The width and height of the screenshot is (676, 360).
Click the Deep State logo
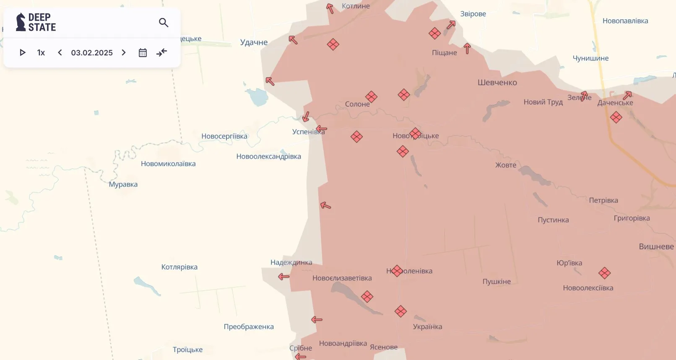pos(36,22)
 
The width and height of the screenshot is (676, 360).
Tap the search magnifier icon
pos(164,23)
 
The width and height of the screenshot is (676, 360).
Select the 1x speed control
pos(41,52)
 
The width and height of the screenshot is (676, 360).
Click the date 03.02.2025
pos(92,52)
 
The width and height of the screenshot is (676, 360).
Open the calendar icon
pos(143,52)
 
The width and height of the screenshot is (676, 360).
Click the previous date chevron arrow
pos(60,52)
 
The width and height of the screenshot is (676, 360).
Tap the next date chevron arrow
pos(124,52)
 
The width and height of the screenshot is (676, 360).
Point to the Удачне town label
pos(254,42)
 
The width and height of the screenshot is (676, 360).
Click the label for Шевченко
pos(497,83)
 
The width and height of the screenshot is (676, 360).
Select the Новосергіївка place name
pos(224,136)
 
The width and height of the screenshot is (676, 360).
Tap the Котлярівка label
pos(179,267)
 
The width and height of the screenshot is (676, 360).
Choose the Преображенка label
pos(249,327)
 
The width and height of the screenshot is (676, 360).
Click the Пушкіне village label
pos(497,282)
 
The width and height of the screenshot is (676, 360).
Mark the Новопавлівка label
pos(625,21)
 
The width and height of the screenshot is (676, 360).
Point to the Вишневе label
pos(656,247)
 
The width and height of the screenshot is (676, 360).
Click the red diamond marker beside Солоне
pos(371,97)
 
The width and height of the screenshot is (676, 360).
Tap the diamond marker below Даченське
pos(616,117)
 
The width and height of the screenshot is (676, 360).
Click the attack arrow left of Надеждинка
pos(284,277)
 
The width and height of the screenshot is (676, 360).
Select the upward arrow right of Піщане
pos(467,48)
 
